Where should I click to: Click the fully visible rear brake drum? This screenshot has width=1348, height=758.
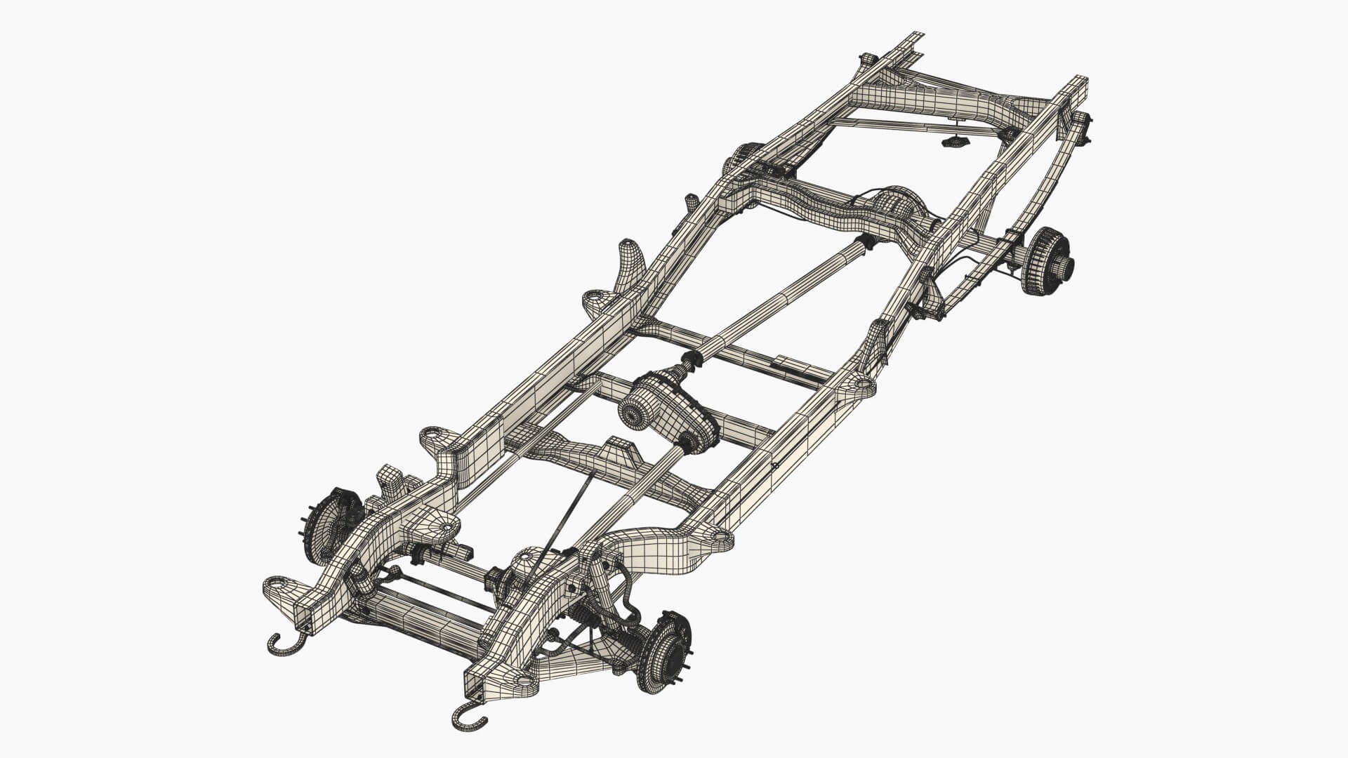[1048, 260]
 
